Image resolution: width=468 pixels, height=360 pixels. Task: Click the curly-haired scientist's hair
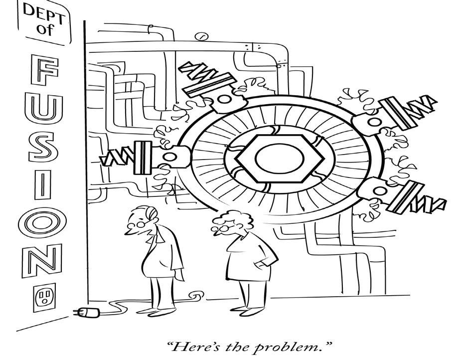[227, 220]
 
